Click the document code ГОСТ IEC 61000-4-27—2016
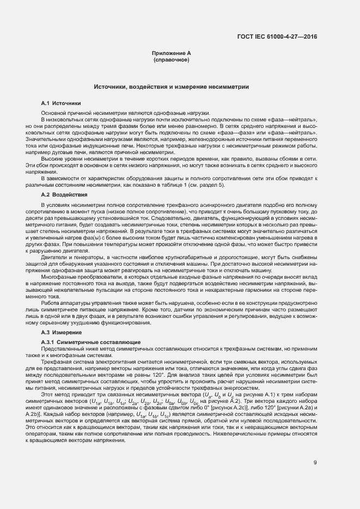[x=278, y=37]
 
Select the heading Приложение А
[x=172, y=53]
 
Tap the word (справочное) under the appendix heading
[x=172, y=60]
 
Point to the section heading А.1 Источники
[x=61, y=103]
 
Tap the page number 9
[x=315, y=463]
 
